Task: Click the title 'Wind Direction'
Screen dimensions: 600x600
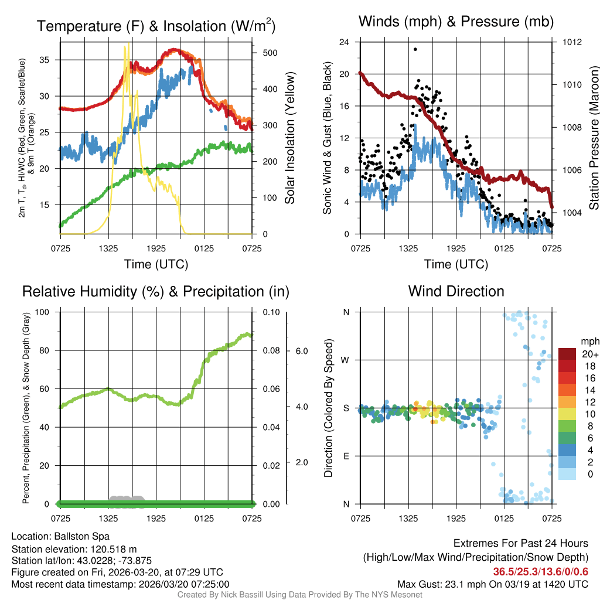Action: (456, 291)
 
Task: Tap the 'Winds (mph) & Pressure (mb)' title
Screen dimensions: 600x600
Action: (456, 22)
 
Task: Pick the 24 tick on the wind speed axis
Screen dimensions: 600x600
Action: (345, 42)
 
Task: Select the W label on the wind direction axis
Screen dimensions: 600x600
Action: (346, 360)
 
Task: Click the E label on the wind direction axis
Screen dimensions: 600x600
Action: (346, 456)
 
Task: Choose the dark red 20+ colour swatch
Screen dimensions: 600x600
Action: (568, 353)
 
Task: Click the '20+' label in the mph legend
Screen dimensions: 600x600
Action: (588, 354)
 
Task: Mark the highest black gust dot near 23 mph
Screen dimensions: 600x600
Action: (415, 49)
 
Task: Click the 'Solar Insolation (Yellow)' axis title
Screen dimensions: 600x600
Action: (289, 138)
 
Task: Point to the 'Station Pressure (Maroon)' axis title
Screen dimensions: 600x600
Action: (593, 138)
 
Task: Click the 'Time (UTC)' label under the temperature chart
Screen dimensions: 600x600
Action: (156, 264)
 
